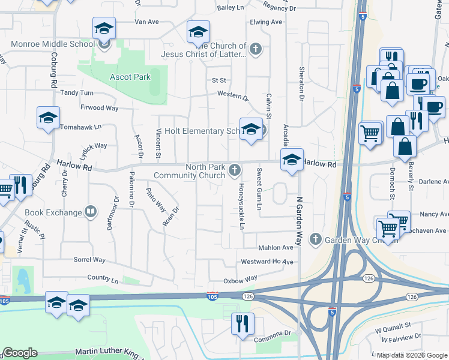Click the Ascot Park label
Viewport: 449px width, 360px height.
click(130, 77)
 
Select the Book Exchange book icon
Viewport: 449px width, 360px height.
click(90, 211)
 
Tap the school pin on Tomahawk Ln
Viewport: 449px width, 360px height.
click(49, 119)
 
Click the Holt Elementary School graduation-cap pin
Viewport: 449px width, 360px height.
click(252, 129)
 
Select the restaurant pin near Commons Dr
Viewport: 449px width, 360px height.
click(243, 324)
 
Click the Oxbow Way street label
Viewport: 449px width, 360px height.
click(240, 278)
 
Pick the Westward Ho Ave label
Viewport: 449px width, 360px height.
click(267, 262)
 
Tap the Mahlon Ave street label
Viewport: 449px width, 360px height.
click(276, 247)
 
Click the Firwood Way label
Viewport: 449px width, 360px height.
click(100, 107)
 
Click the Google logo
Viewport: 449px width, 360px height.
click(20, 353)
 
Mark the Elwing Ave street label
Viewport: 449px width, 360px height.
click(266, 22)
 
